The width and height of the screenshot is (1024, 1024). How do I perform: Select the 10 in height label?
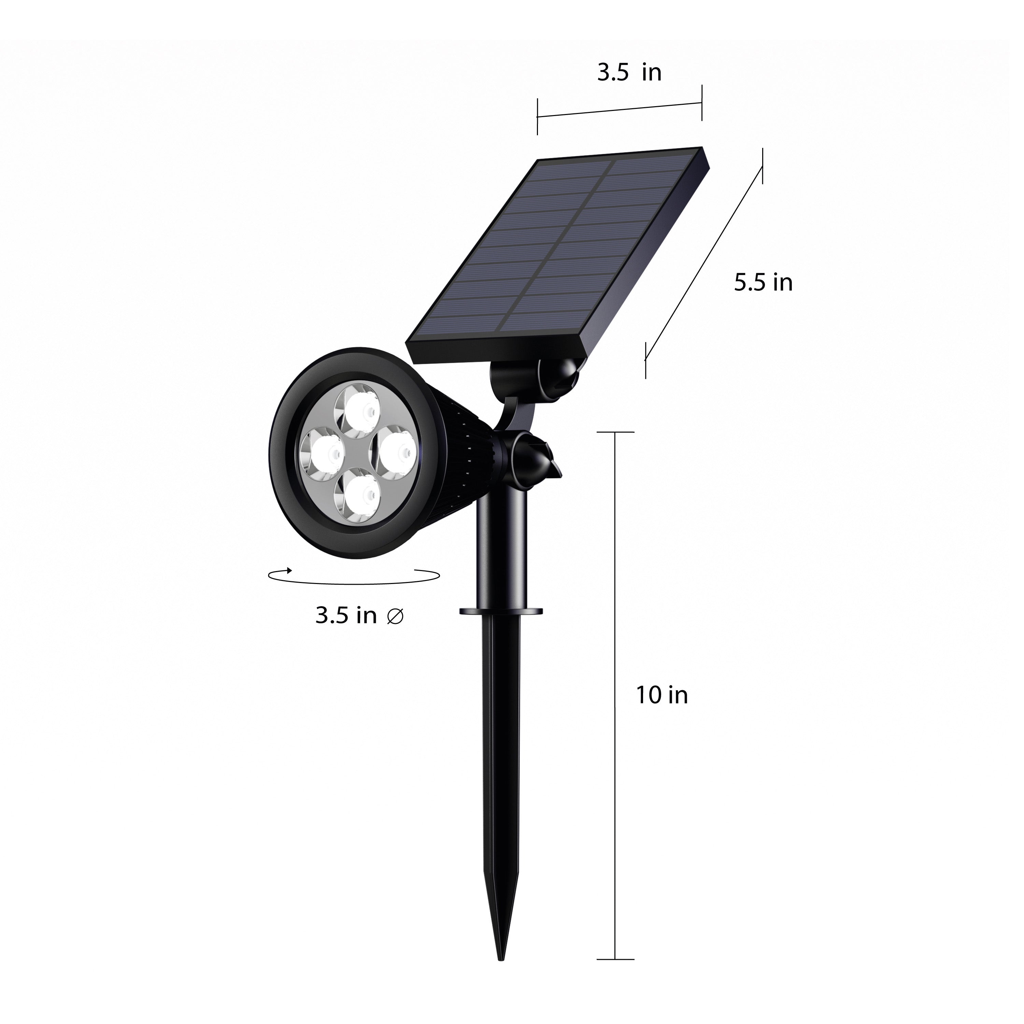coord(662,695)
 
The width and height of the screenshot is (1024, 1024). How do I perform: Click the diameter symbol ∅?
coord(395,616)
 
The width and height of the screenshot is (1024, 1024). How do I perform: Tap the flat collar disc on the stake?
coord(501,611)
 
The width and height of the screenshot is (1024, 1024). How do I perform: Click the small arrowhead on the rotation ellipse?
coord(289,570)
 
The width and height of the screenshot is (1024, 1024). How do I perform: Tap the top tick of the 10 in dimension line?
coord(615,432)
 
